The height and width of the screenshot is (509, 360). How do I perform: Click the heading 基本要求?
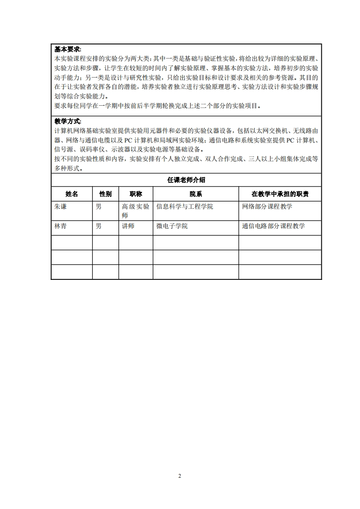tap(68, 49)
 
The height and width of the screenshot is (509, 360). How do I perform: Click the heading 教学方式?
tap(68, 121)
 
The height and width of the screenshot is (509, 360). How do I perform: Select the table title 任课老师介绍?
tap(186, 180)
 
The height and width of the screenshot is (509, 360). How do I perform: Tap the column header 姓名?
tap(72, 194)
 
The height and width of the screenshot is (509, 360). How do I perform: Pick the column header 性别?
tap(105, 194)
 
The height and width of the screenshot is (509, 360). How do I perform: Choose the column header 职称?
tap(136, 194)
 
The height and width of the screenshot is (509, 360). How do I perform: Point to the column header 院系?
tap(196, 194)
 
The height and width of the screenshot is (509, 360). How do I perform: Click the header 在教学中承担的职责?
tap(280, 194)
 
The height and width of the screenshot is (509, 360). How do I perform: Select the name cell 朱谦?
tap(60, 207)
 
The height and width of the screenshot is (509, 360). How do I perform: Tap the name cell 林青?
tap(60, 226)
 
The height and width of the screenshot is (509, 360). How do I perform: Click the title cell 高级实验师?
tap(135, 211)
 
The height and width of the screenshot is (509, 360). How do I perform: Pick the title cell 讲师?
tap(128, 226)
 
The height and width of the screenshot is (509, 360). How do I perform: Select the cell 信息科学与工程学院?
tap(184, 207)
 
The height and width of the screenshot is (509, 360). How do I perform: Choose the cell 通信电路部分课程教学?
tap(273, 226)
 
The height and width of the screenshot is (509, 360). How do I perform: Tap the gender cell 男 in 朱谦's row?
tap(99, 207)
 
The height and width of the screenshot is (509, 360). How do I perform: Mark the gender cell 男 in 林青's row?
tap(99, 226)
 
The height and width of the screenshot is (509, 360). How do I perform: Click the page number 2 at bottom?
tap(180, 476)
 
